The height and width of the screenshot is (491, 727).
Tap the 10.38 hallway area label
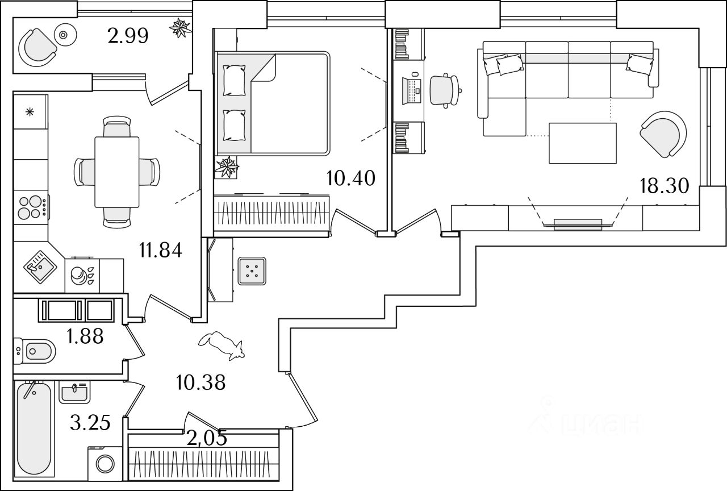click(x=201, y=382)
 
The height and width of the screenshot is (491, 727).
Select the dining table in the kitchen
click(x=117, y=172)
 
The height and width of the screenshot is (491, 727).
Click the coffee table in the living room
click(x=583, y=143)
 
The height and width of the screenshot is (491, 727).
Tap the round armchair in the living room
click(x=663, y=133)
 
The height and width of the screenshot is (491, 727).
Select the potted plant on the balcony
click(x=181, y=28)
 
